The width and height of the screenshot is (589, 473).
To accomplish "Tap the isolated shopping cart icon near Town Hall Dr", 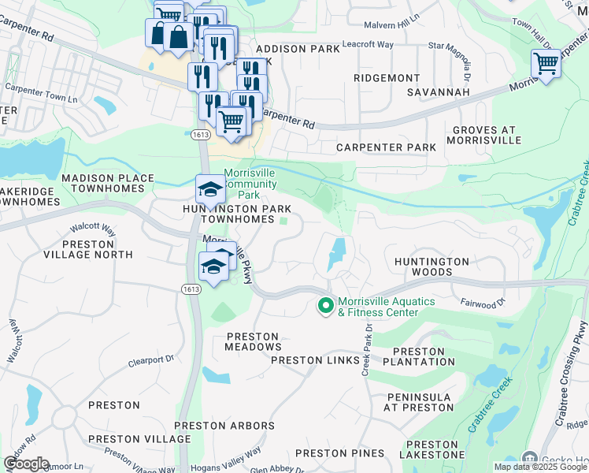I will (x=546, y=63).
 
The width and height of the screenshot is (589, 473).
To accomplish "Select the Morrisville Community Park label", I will (x=250, y=184).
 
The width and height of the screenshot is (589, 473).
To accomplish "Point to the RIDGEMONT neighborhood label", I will (x=387, y=78).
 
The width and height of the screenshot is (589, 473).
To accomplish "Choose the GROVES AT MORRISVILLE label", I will (x=484, y=135).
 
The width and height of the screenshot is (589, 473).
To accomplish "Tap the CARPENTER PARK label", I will (x=386, y=147).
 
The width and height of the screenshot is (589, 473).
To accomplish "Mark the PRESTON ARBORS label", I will (x=224, y=426).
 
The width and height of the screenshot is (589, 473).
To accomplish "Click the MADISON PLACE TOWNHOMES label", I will (x=108, y=184).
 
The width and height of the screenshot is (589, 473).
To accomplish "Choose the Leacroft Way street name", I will (x=369, y=44).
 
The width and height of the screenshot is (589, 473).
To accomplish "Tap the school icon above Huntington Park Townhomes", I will (x=209, y=190).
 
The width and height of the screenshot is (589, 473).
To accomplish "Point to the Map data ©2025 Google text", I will (x=539, y=467).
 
